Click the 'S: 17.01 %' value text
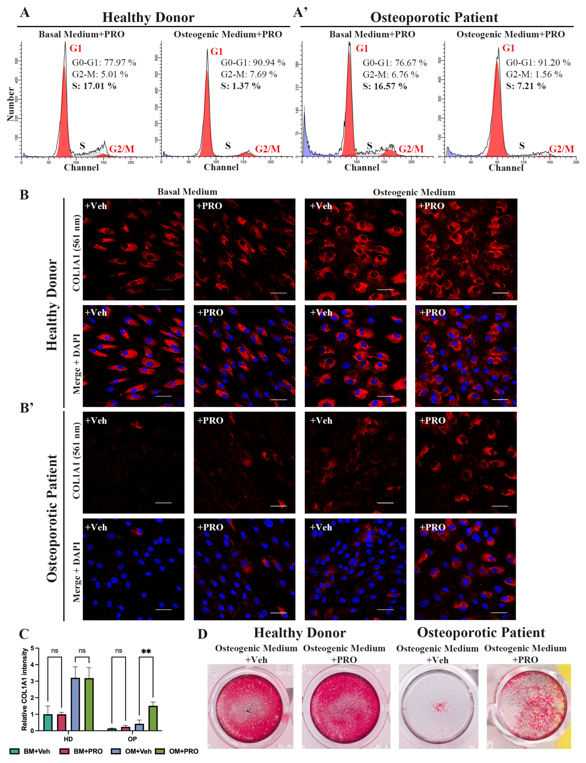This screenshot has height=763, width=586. (94, 86)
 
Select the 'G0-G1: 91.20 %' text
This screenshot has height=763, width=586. (538, 63)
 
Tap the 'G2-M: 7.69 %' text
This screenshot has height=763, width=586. (249, 74)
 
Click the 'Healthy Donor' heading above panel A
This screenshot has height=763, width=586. (148, 17)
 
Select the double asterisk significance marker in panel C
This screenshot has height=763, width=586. (146, 651)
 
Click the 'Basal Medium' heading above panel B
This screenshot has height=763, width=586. (187, 192)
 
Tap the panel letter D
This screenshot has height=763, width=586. (202, 634)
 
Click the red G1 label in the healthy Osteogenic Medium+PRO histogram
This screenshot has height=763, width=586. (217, 52)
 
